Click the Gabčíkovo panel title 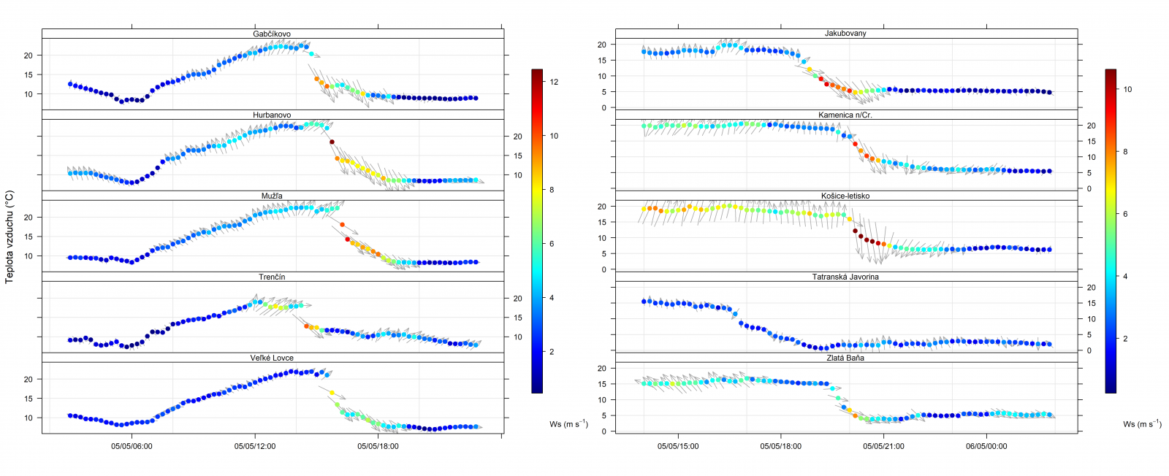(x=272, y=34)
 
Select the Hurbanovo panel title (x=272, y=115)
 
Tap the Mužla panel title (x=272, y=196)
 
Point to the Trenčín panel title (x=272, y=277)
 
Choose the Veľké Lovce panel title (x=272, y=358)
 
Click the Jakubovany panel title (x=845, y=34)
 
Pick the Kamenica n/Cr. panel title (x=845, y=115)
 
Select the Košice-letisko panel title (x=845, y=196)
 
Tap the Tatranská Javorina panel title (x=845, y=277)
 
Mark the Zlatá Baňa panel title (x=845, y=358)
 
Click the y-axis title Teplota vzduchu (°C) (x=9, y=237)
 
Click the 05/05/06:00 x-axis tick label (x=132, y=446)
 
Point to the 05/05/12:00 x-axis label (x=255, y=446)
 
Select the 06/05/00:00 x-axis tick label (x=986, y=446)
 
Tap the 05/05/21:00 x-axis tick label (x=883, y=446)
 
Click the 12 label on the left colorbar (x=554, y=82)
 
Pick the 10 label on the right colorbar (x=1127, y=89)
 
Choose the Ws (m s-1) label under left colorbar (x=568, y=424)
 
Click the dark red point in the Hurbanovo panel (x=332, y=142)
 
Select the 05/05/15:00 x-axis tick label (x=678, y=446)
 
